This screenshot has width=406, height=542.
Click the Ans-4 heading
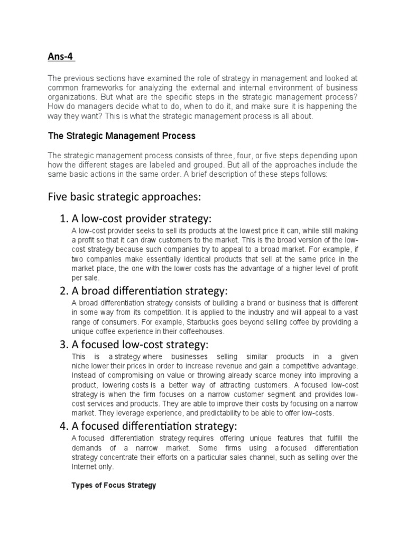61,56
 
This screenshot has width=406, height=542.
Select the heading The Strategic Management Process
122,136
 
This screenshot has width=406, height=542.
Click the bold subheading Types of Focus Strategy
114,485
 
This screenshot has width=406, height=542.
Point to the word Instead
83,375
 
